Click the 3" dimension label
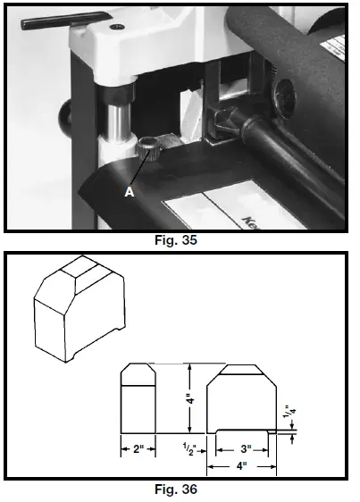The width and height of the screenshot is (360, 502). pyautogui.click(x=244, y=448)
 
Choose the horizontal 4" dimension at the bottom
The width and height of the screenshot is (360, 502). pyautogui.click(x=241, y=465)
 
